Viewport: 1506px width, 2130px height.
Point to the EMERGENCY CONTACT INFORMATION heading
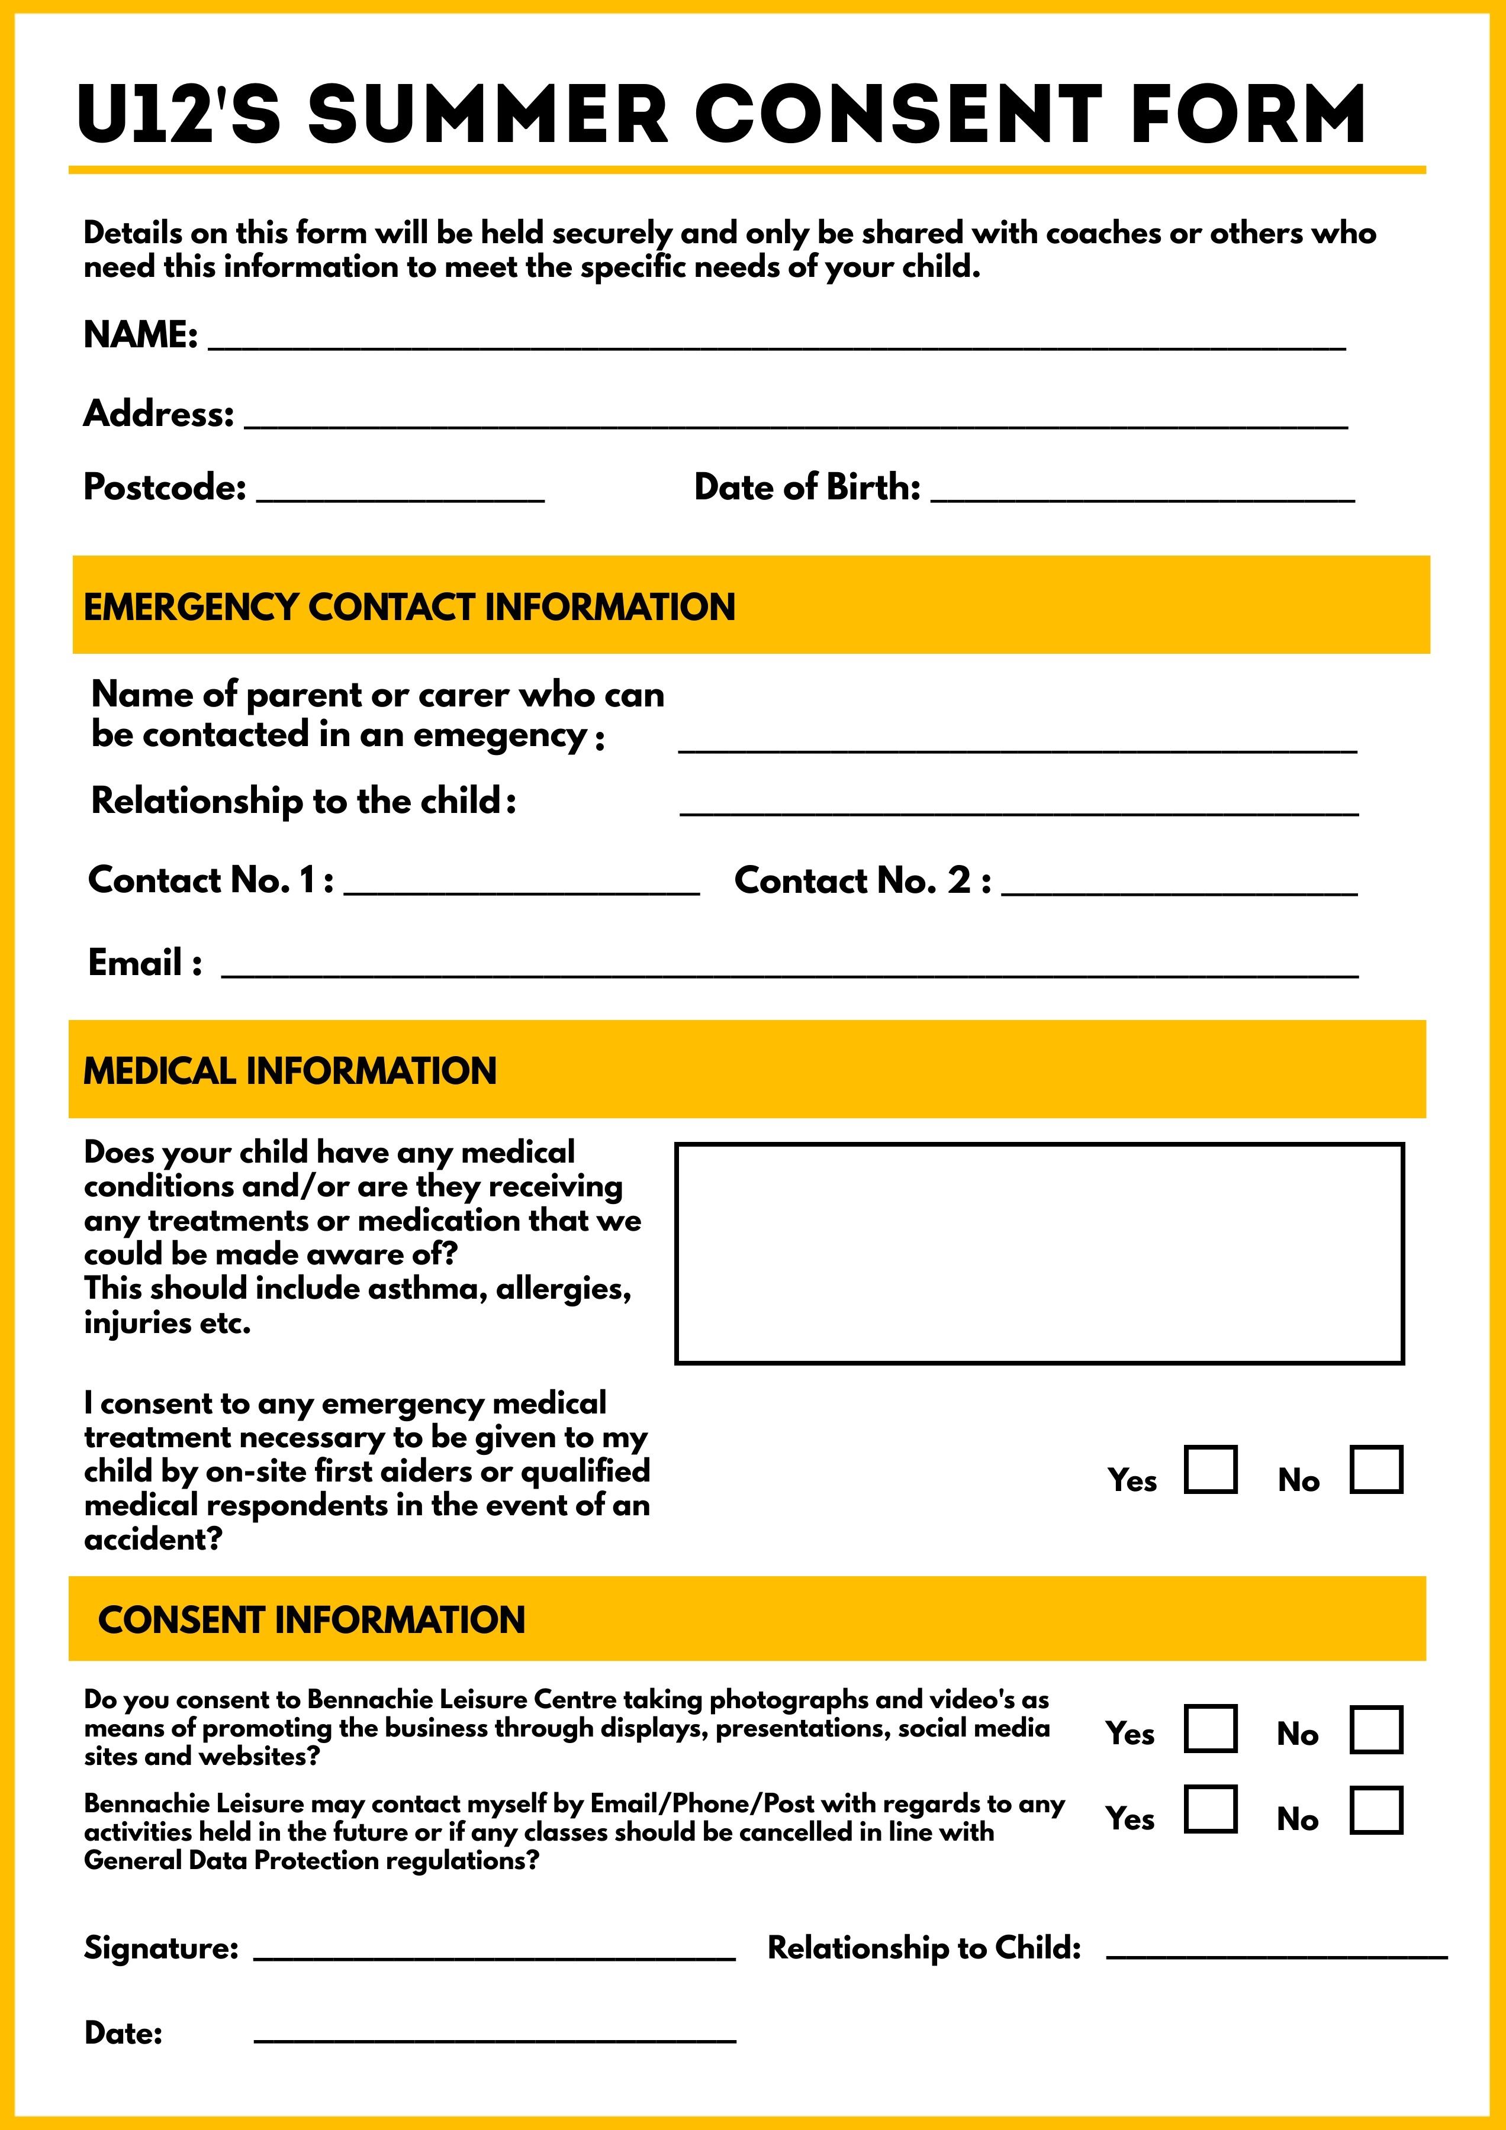[x=409, y=606]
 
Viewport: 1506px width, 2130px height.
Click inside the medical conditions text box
[x=1040, y=1253]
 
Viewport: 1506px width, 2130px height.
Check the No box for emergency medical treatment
[x=1376, y=1470]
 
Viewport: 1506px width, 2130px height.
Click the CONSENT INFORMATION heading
[x=312, y=1620]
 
